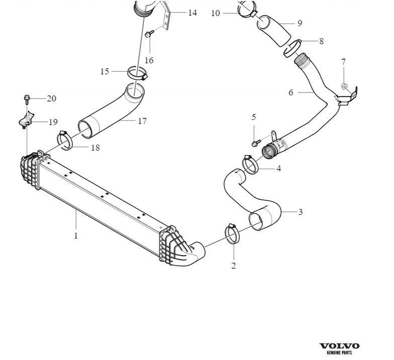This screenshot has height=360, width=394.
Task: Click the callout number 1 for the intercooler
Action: [76, 235]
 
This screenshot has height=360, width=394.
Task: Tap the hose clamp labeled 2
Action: [233, 234]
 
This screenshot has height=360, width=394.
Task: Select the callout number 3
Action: [301, 212]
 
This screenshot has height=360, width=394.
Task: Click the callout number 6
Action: [291, 92]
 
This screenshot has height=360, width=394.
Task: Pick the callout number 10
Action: [216, 13]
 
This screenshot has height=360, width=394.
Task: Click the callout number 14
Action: [192, 13]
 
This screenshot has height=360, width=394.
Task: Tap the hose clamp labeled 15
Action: [136, 73]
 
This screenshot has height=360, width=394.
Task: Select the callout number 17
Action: [142, 121]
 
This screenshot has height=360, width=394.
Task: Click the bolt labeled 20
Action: [27, 98]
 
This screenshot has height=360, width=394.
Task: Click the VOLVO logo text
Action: [339, 346]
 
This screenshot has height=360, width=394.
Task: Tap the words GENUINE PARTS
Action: [339, 352]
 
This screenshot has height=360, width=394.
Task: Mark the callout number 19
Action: [53, 122]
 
